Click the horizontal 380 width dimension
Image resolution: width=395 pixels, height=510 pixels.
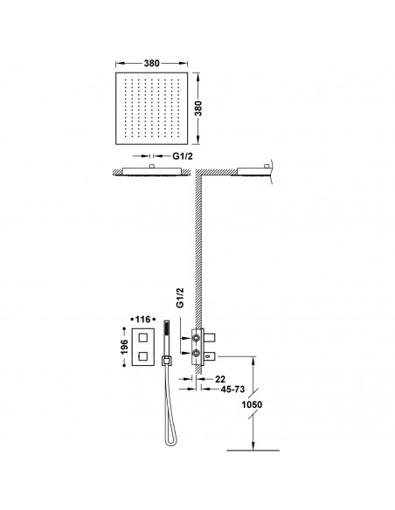(x=150, y=63)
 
